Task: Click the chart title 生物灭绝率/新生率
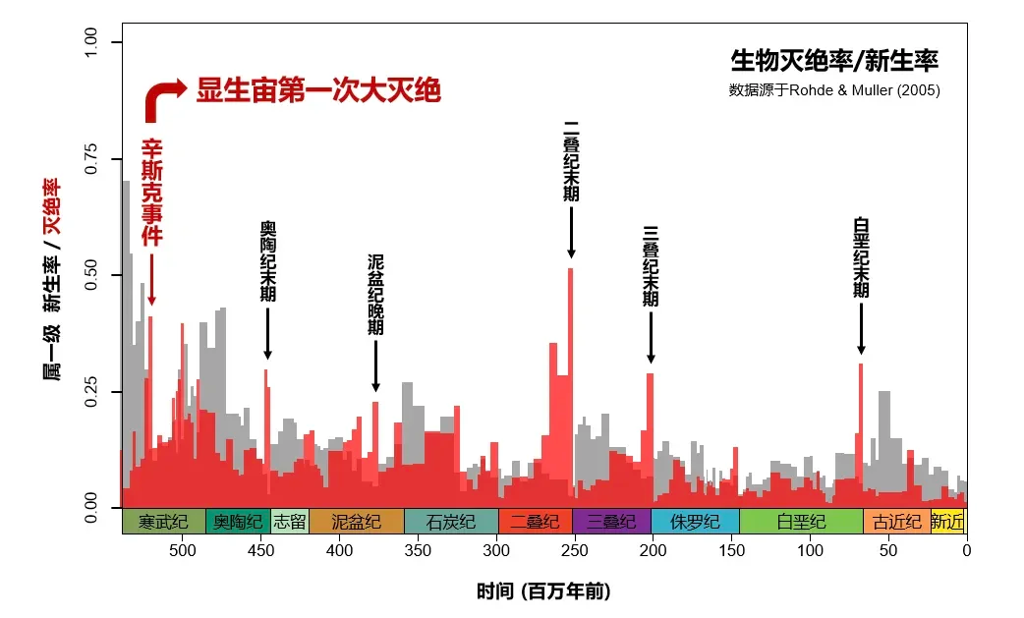[x=834, y=62]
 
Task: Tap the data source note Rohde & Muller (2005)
[x=834, y=90]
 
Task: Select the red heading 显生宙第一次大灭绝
[x=318, y=90]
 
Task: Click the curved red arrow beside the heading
[x=163, y=99]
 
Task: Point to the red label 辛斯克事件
[x=151, y=193]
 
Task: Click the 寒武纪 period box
[x=163, y=521]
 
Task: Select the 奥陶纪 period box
[x=238, y=521]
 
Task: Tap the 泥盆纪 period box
[x=356, y=521]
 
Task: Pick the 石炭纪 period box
[x=451, y=521]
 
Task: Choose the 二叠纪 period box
[x=536, y=521]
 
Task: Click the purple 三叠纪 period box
[x=611, y=521]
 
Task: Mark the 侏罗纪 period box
[x=695, y=521]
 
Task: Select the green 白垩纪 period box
[x=801, y=521]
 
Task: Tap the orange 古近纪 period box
[x=897, y=521]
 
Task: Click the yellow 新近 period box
[x=948, y=521]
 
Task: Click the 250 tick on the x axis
[x=575, y=550]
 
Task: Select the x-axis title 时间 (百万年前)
[x=543, y=591]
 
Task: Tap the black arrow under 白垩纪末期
[x=861, y=328]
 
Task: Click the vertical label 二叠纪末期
[x=571, y=161]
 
